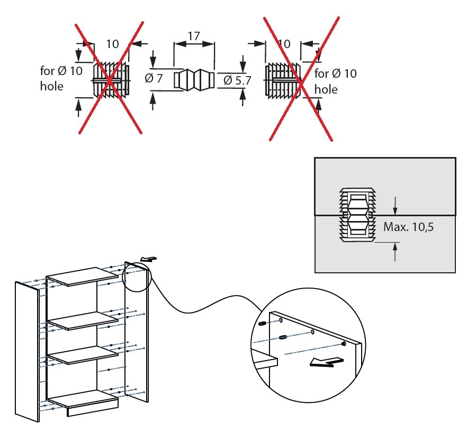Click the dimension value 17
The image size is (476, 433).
pyautogui.click(x=194, y=36)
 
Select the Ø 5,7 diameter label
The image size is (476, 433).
pyautogui.click(x=236, y=80)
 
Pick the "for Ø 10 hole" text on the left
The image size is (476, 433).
pyautogui.click(x=61, y=78)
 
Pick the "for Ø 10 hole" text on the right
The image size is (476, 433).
pyautogui.click(x=335, y=81)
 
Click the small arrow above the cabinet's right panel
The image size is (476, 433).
pyautogui.click(x=149, y=259)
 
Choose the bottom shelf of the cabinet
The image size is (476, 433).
pyautogui.click(x=82, y=398)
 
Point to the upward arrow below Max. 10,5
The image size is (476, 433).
pyautogui.click(x=395, y=251)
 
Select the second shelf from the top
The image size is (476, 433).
pyautogui.click(x=82, y=320)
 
